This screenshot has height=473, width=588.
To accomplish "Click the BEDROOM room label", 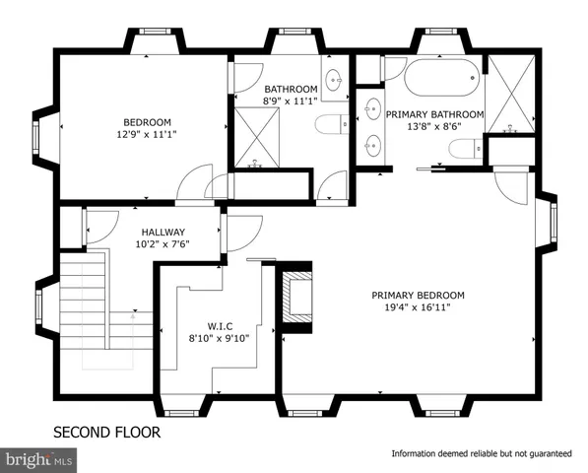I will point(145,122).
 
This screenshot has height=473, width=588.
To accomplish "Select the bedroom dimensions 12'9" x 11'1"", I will point(145,135).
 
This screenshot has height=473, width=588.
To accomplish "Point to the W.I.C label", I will point(219,326).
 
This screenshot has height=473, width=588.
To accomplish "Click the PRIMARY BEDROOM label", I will point(418,295).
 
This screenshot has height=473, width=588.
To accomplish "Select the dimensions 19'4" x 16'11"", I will point(418,307).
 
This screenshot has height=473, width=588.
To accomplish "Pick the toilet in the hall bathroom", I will point(329,123).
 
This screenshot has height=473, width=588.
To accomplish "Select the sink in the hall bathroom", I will point(334,80).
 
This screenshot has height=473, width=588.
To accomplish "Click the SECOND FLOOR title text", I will point(106,432).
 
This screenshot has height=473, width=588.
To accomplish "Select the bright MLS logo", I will point(39,457).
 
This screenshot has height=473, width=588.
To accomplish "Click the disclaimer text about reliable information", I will point(482,453).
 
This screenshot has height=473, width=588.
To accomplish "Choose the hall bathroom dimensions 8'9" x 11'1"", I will point(291,101).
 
